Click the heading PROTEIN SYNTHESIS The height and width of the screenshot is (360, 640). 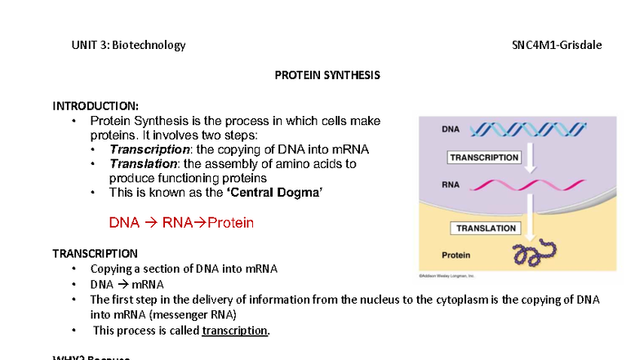pos(327,75)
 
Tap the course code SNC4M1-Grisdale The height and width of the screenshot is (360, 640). pos(551,45)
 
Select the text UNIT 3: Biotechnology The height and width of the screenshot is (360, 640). pos(128,45)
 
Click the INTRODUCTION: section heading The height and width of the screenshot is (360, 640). pos(96,105)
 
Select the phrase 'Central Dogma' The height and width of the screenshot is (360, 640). pos(273,193)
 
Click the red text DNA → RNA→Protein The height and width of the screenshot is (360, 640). pos(181,223)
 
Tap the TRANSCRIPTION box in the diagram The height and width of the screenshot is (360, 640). pos(484,158)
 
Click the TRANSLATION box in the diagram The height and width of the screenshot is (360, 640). pos(486,229)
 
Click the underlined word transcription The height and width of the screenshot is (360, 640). pos(235,331)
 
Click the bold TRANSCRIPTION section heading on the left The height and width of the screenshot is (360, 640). pos(95,253)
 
